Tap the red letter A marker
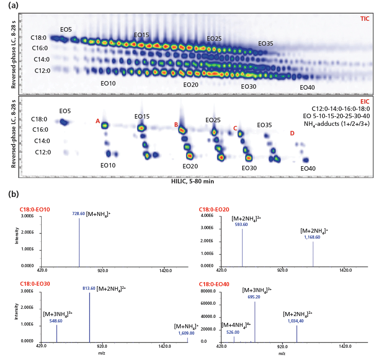click(x=98, y=121)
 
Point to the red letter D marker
click(x=292, y=133)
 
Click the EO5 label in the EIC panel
click(x=65, y=111)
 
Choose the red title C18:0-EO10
click(x=34, y=209)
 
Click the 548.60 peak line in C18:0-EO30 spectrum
click(x=57, y=333)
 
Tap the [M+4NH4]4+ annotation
click(x=233, y=325)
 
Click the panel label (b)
click(x=14, y=193)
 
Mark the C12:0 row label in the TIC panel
click(x=42, y=71)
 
